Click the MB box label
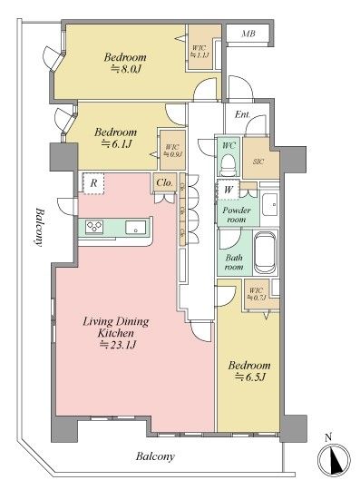pos(247,34)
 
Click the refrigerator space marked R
pos(92,182)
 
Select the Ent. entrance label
pos(242,114)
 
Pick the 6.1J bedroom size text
pos(115,143)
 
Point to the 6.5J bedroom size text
pos(250,376)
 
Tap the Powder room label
pos(236,214)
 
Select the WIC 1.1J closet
pos(199,51)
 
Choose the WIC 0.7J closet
pos(257,294)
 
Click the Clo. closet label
pos(164,182)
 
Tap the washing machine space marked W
pos(228,189)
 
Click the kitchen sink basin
pos(134,227)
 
